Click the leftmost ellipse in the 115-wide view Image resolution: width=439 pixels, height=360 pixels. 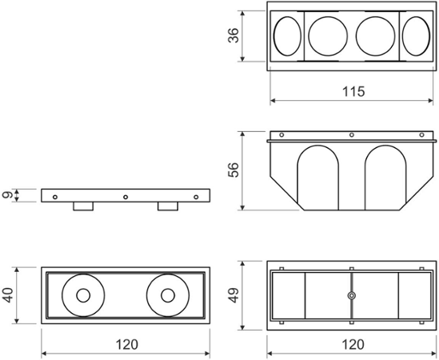(x=288, y=37)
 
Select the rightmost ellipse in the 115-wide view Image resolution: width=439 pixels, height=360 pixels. (x=415, y=37)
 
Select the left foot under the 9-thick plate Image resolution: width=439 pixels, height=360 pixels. (x=83, y=206)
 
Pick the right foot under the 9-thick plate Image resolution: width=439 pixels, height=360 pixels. (x=168, y=206)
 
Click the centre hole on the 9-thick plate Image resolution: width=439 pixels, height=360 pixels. (x=126, y=196)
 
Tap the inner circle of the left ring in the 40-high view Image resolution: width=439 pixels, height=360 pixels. (x=83, y=294)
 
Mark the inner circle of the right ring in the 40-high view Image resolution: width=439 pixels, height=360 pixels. (x=167, y=294)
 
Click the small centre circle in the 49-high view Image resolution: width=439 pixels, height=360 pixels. (x=351, y=295)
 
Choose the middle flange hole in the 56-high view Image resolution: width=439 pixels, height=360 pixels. (x=351, y=134)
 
